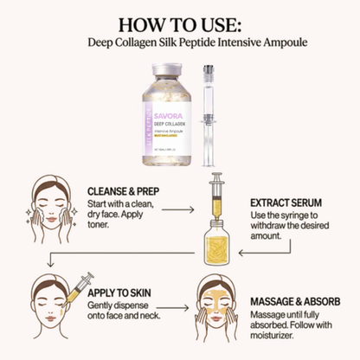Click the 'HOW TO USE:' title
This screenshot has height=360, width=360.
(x=179, y=23)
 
